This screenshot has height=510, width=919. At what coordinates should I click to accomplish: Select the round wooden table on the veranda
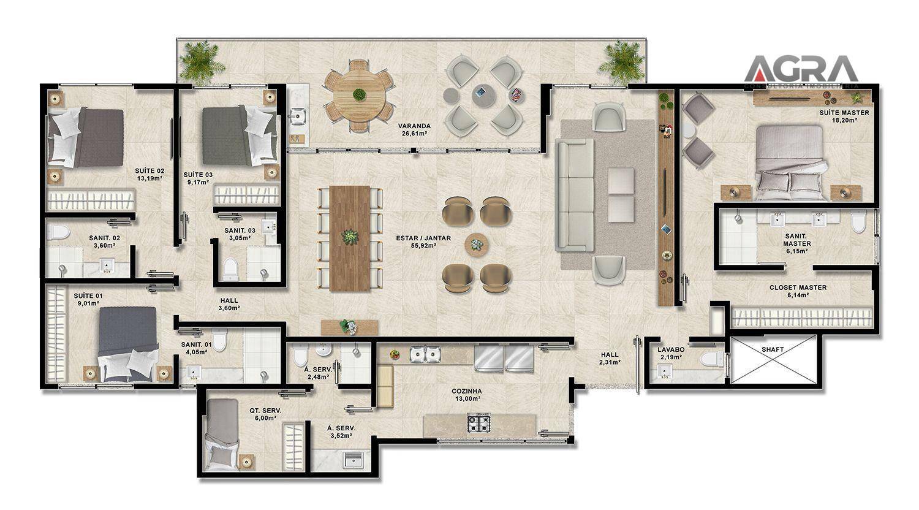click(359, 96)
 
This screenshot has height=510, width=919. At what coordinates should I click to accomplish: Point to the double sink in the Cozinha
click(425, 354)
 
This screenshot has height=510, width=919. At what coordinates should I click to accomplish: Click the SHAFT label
click(773, 349)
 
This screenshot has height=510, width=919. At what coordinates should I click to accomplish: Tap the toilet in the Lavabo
click(713, 359)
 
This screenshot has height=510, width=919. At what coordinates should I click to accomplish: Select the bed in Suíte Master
click(789, 162)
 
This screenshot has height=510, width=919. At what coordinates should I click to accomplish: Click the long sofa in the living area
click(575, 195)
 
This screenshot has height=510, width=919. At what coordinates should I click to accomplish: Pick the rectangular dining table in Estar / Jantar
click(350, 238)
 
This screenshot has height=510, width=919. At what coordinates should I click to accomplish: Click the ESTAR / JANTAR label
click(423, 238)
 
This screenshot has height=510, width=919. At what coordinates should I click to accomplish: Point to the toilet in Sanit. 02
click(58, 232)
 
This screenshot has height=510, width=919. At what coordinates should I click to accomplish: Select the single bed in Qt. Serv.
click(222, 434)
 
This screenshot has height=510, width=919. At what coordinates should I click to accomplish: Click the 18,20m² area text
click(844, 120)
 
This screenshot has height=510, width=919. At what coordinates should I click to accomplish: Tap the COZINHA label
click(467, 391)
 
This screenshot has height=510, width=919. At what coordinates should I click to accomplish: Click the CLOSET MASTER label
click(798, 287)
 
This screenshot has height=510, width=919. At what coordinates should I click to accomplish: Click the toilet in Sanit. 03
click(230, 268)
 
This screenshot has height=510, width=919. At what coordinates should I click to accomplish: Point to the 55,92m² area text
click(423, 246)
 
